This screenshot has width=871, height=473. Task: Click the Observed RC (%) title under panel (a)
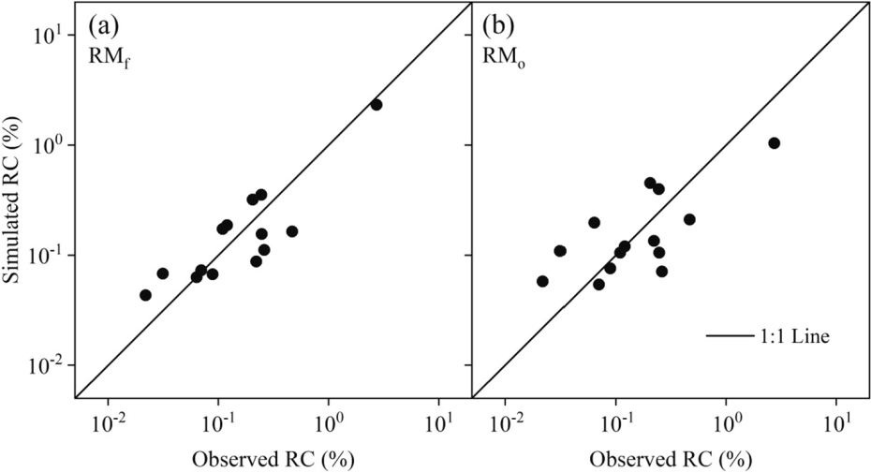[273, 459]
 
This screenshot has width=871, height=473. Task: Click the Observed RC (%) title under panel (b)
[671, 459]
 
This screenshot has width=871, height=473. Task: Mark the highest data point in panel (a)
[376, 105]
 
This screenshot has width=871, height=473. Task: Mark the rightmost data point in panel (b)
[774, 143]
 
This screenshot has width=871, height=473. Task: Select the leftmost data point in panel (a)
[145, 295]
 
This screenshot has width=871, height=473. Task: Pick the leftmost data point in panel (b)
[542, 281]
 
